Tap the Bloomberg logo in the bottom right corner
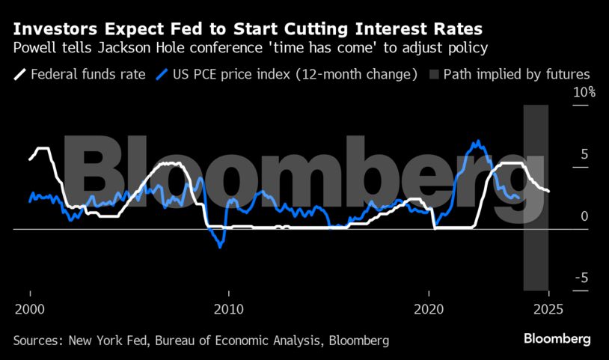point(557,339)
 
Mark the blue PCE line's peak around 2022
point(475,141)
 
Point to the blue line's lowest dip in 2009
point(220,247)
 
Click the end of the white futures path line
point(549,192)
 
